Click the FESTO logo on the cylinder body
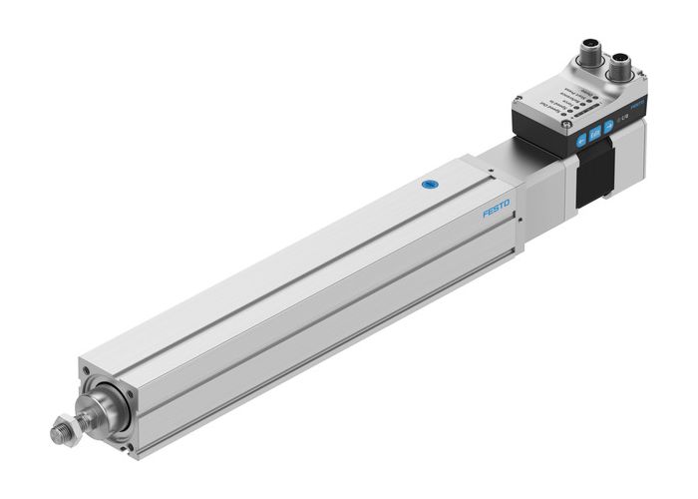coord(496,211)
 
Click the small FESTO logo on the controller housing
coord(640,103)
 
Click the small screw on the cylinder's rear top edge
coord(493,175)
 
